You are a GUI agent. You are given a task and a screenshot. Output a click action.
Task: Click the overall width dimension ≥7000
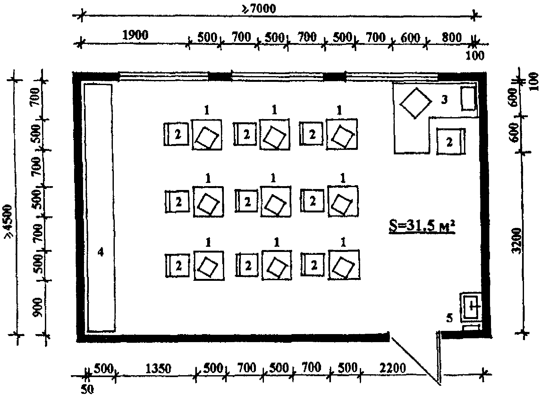click(x=258, y=9)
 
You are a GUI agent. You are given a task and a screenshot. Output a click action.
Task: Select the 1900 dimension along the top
click(x=135, y=35)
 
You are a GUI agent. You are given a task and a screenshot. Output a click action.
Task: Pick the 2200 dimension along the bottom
click(x=393, y=368)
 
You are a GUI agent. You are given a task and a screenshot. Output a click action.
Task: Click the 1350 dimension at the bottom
click(x=158, y=368)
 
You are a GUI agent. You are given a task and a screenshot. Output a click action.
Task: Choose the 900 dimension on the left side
click(x=38, y=307)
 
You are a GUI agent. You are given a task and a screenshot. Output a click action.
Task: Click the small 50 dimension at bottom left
click(x=87, y=389)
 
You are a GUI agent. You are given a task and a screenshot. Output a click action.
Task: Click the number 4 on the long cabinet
click(x=101, y=252)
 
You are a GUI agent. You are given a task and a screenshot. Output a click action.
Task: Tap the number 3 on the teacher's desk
click(x=444, y=100)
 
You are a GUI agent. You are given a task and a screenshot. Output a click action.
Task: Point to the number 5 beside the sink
click(x=449, y=318)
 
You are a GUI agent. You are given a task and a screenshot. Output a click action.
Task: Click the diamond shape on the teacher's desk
click(x=416, y=103)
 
